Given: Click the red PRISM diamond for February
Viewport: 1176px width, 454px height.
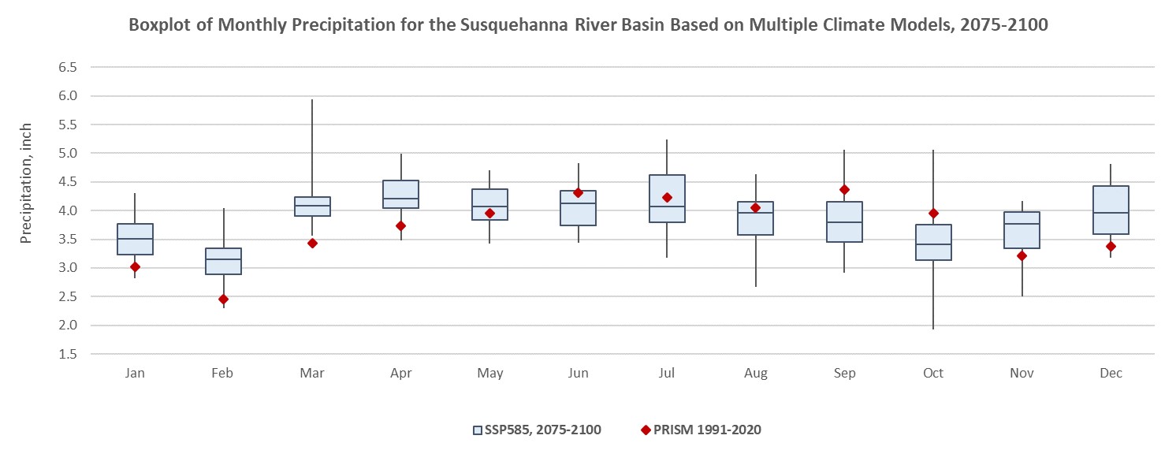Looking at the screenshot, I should [224, 299].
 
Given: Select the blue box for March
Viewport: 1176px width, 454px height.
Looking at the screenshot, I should [312, 207].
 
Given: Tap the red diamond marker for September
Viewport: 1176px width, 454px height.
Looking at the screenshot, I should [844, 189].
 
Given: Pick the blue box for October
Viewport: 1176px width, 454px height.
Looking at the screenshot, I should [933, 242].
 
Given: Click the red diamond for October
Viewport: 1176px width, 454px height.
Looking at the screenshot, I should [933, 213].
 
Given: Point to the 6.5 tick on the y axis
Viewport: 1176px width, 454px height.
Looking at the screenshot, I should [67, 68].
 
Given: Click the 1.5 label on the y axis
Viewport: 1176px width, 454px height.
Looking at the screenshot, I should [67, 354].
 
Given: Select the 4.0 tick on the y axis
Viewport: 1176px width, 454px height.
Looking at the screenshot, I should [67, 210].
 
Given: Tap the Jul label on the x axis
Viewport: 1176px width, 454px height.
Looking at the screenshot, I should [667, 373].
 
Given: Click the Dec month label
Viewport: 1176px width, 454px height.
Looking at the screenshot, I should [1111, 373].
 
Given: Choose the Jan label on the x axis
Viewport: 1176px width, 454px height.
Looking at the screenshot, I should [135, 373].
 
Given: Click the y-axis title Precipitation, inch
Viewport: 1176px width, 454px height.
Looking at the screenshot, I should [27, 183].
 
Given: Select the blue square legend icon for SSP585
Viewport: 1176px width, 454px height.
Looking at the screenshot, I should [478, 430].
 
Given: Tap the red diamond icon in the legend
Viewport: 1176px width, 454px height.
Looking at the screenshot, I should [646, 430].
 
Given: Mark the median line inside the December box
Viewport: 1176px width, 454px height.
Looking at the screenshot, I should [1111, 213].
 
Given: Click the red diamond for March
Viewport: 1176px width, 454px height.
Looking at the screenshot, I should [312, 243].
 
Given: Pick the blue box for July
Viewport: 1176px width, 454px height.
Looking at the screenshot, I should [667, 199].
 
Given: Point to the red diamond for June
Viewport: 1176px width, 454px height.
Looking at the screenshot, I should [578, 192].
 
